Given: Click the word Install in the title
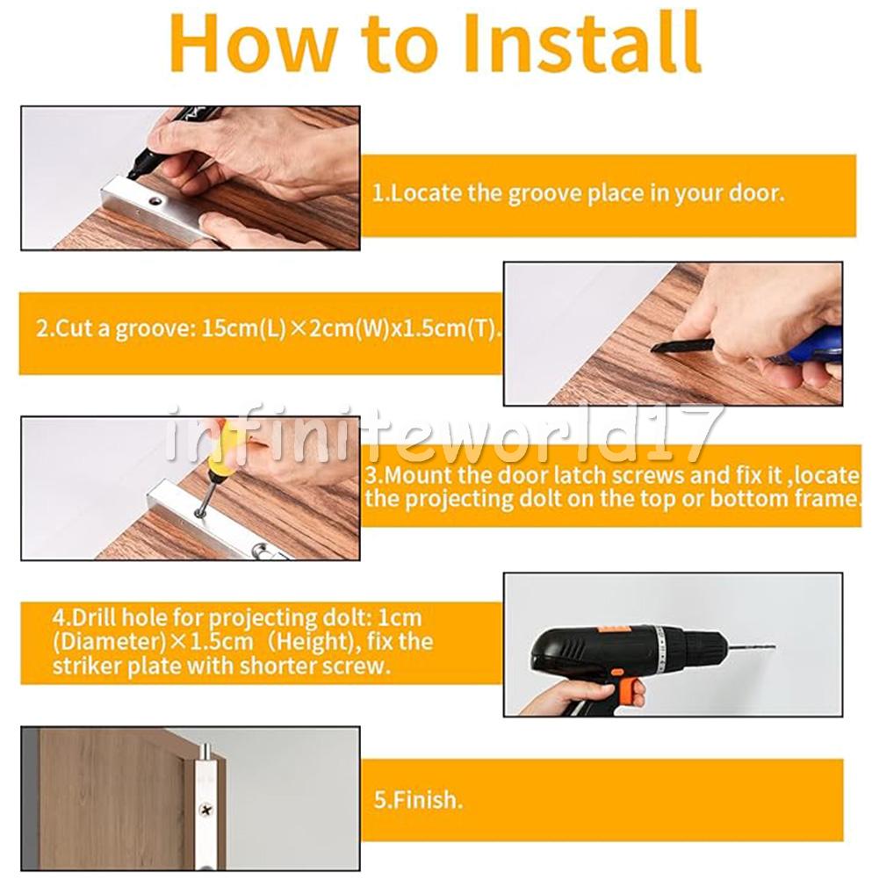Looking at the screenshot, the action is point(581,43).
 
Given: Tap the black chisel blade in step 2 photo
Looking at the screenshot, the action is point(681,346).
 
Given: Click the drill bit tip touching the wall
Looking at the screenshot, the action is point(775,649).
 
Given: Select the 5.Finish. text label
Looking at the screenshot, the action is point(418,799).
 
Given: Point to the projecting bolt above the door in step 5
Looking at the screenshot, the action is point(206,751).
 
